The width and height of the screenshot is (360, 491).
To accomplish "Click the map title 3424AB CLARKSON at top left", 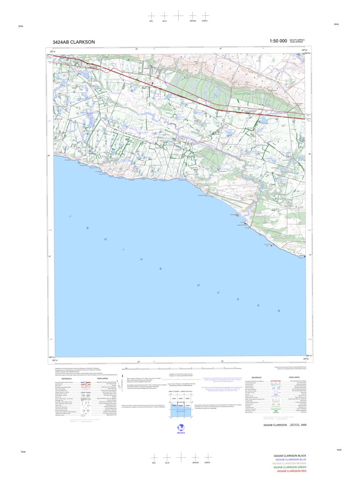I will click(74, 42).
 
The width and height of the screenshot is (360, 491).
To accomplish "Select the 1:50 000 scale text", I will click(278, 41).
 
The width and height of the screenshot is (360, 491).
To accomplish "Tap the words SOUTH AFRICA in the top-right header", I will click(300, 40).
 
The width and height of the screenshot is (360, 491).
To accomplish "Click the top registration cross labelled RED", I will click(152, 15).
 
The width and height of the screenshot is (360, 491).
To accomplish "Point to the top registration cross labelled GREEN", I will click(205, 15).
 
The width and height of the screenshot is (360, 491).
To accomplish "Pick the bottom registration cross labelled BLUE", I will click(167, 457).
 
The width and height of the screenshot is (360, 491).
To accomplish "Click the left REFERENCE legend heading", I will click(67, 378).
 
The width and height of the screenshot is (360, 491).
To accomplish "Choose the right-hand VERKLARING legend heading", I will click(294, 377).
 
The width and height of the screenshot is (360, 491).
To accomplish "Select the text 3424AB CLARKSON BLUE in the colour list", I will click(290, 460).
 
